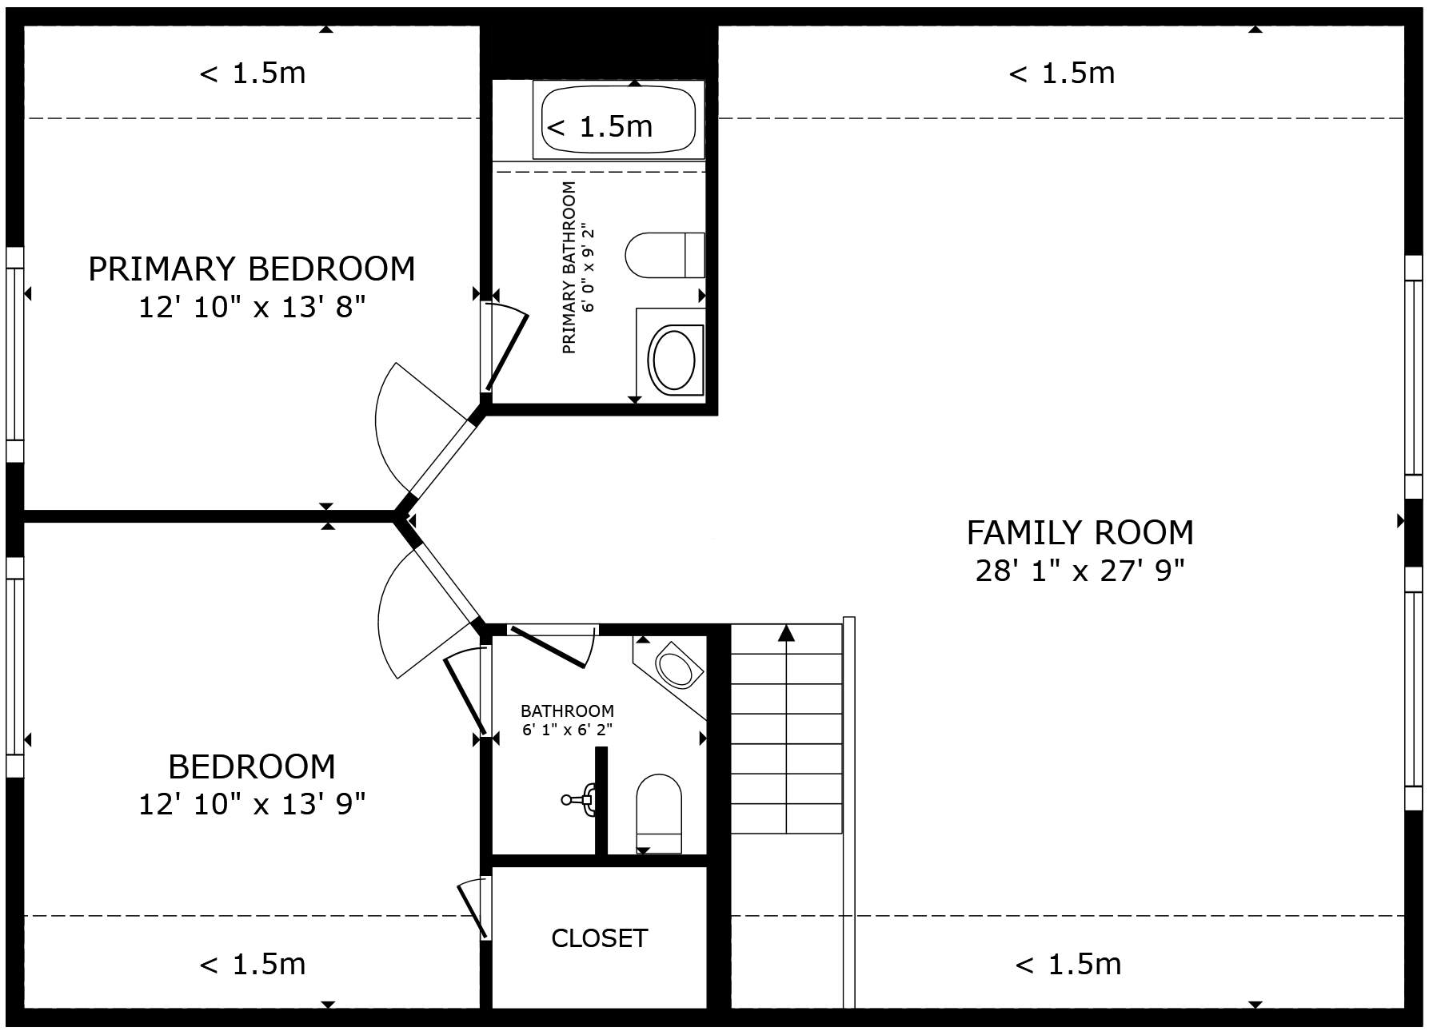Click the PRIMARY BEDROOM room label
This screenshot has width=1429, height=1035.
[251, 269]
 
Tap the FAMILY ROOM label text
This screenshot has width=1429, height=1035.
[1080, 532]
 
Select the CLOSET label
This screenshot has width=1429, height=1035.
[599, 937]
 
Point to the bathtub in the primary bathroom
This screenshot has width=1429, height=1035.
[618, 120]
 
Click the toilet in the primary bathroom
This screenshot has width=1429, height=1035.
[664, 255]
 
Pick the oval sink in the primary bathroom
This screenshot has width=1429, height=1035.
[674, 359]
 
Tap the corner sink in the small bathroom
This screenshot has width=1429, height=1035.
[676, 668]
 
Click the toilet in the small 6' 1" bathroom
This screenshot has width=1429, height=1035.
[658, 811]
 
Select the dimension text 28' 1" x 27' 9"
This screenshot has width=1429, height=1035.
[1080, 571]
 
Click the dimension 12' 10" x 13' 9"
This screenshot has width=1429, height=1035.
[251, 804]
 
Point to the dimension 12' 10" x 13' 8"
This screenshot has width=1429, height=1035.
[251, 307]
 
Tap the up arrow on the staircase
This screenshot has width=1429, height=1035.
[787, 634]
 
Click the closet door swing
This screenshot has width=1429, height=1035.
[474, 908]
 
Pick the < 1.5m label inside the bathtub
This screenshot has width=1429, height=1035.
[600, 126]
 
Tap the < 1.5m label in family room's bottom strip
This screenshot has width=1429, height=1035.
[1068, 965]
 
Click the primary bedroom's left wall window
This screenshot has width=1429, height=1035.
[14, 354]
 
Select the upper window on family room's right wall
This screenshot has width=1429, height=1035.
[1413, 376]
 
